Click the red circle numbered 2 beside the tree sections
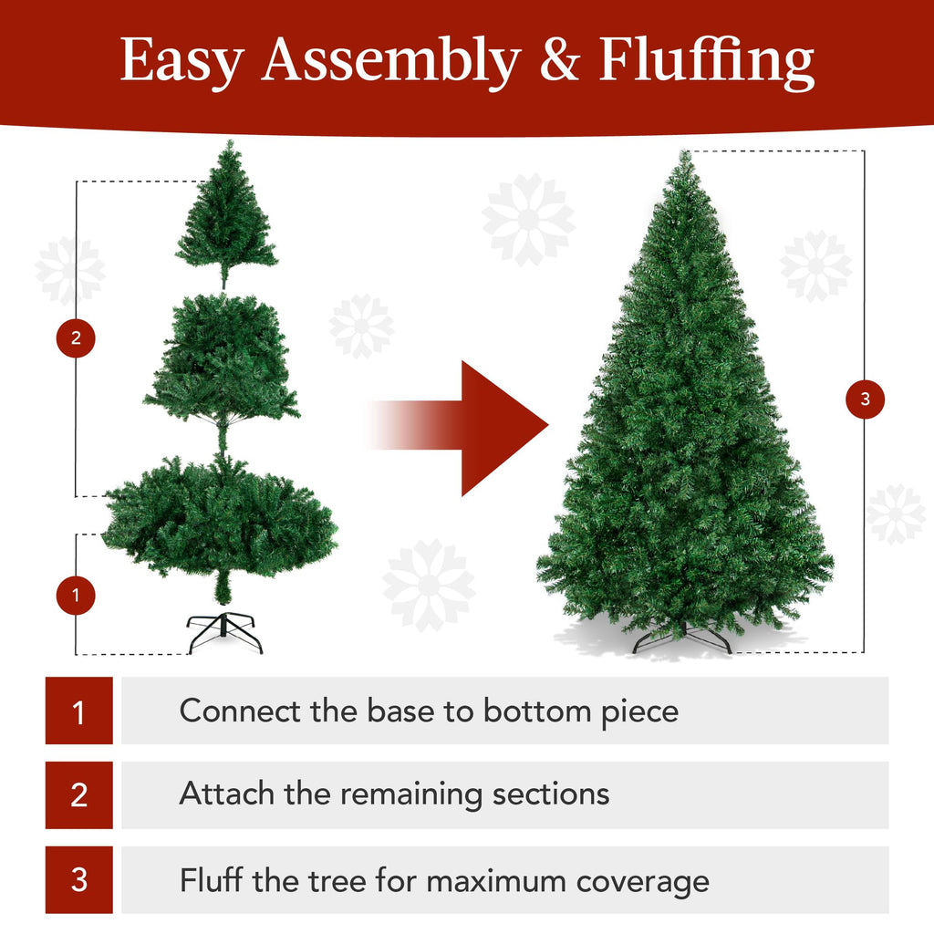(76, 339)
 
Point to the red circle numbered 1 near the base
(76, 597)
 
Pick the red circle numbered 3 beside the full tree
(865, 399)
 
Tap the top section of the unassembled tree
(226, 219)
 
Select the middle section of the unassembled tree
(222, 360)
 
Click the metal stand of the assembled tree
(682, 637)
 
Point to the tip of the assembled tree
(684, 157)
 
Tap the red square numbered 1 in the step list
(79, 711)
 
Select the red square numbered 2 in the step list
(79, 795)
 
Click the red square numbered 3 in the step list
(79, 880)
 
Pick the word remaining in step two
(411, 794)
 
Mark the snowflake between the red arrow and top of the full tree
(528, 220)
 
